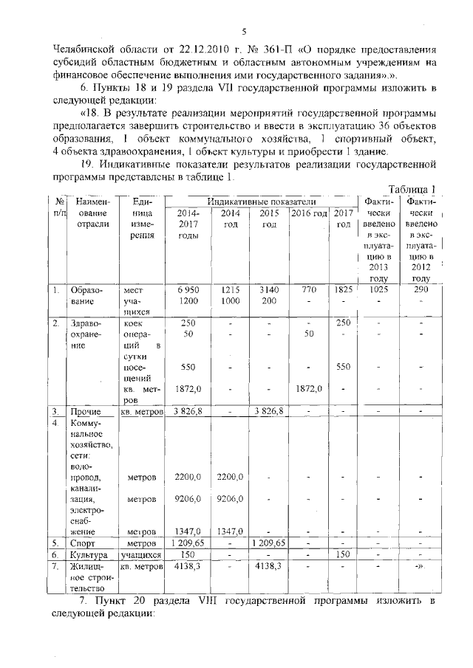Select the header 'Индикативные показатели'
click(x=262, y=202)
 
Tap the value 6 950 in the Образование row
click(x=188, y=290)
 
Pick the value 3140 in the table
click(x=268, y=290)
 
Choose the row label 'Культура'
click(x=87, y=554)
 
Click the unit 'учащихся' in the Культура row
click(x=141, y=554)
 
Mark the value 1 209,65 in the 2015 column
click(x=268, y=543)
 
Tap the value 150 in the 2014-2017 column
click(x=188, y=554)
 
